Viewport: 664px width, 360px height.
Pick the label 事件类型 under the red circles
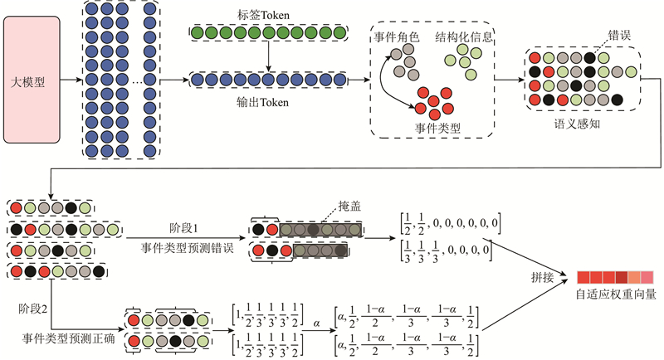point(437,129)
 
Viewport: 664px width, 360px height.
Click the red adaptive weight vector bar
point(616,276)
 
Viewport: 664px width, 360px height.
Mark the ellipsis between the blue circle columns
point(137,80)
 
